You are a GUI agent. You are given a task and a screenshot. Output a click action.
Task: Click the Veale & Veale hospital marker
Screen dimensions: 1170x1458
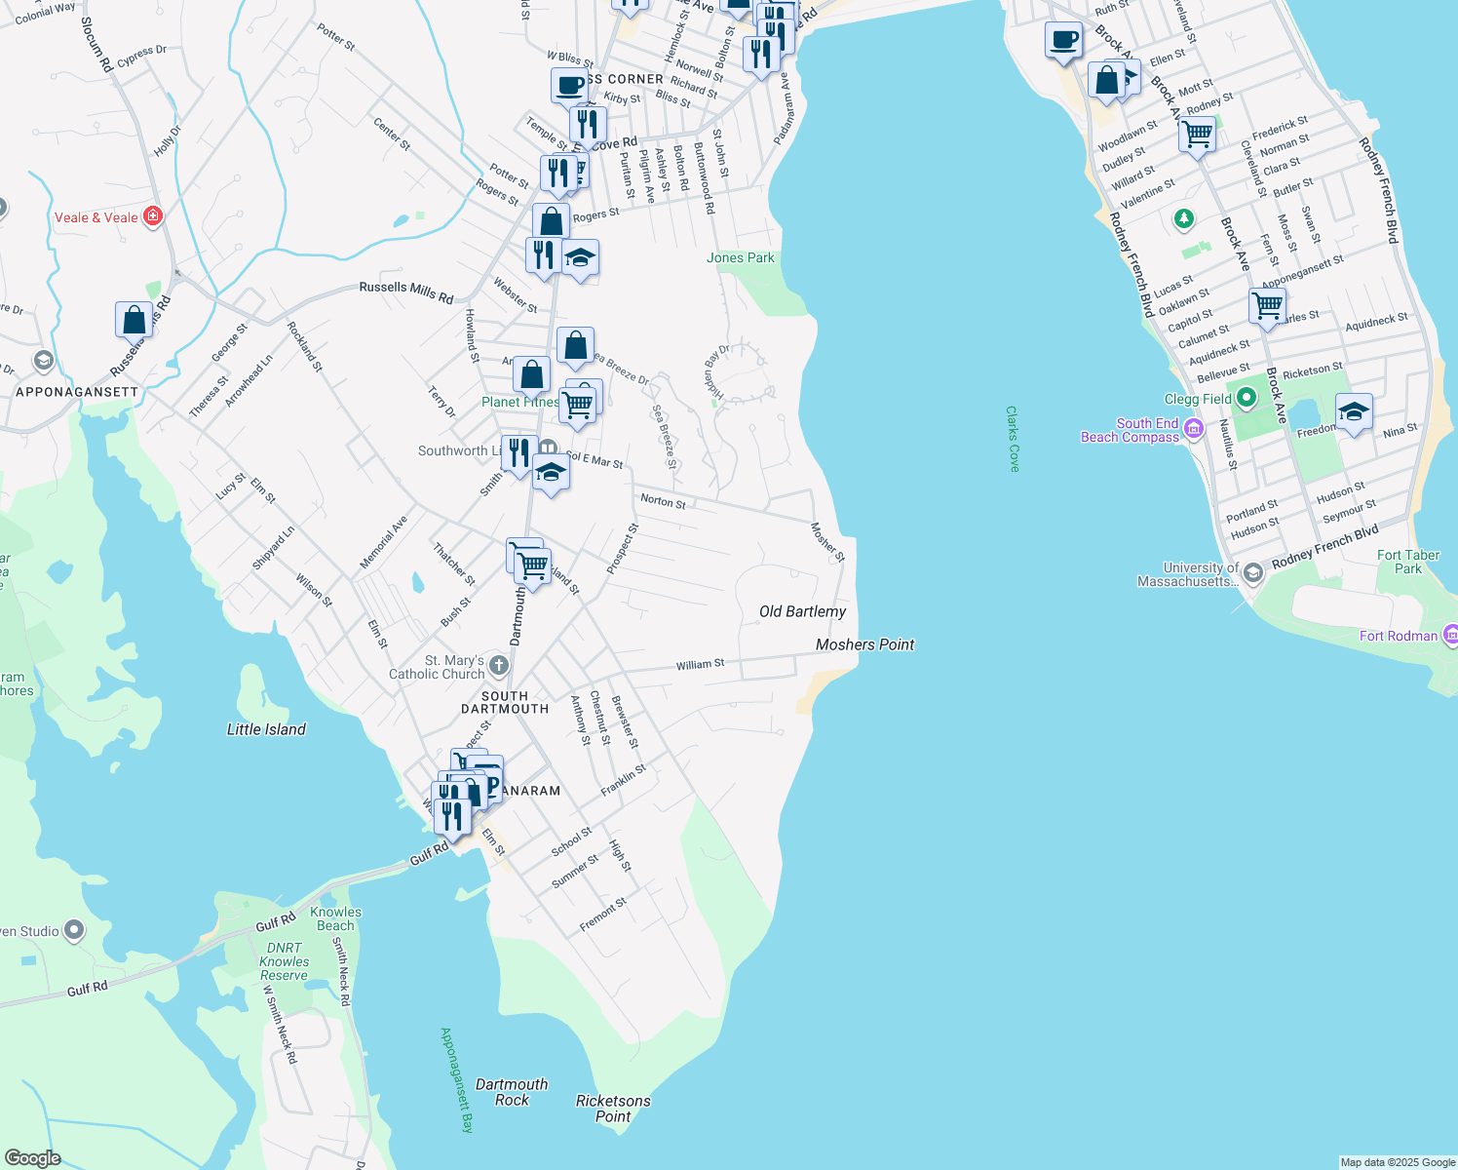coord(152,216)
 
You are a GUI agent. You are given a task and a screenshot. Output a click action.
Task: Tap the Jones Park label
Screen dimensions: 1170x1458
coord(741,258)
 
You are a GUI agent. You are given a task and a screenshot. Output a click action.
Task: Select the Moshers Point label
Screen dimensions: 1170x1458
coord(864,644)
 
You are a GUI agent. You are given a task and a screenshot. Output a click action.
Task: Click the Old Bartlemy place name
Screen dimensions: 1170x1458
coord(802,611)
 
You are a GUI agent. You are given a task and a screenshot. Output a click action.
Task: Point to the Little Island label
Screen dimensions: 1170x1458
coord(266,729)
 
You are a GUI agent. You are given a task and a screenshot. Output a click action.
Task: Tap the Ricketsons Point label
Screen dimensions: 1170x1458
coord(613,1109)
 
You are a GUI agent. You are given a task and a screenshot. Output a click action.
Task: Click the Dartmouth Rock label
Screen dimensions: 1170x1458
coord(512,1092)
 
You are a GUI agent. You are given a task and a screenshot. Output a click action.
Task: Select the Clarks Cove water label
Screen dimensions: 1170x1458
coord(1013,439)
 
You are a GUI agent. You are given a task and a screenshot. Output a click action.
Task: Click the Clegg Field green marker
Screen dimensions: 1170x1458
coord(1247,398)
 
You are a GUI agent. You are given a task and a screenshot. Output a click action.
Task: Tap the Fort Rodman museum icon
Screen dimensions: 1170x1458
coord(1450,636)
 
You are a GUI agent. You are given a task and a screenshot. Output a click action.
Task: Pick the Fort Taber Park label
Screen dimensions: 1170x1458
coord(1407,562)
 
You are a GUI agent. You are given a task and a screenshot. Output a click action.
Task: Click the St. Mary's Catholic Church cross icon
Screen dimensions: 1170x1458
coord(499,666)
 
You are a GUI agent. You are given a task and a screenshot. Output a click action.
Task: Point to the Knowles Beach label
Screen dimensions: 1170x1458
coord(335,918)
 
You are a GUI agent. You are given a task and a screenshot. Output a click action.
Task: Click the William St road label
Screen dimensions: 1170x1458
coord(701,664)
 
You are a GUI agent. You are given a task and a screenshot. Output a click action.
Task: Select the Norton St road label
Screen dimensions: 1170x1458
coord(663,501)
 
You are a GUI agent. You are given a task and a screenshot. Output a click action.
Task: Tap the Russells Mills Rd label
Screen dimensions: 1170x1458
coord(406,291)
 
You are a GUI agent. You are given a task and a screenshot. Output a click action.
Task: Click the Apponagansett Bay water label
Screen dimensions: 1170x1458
coord(457,1079)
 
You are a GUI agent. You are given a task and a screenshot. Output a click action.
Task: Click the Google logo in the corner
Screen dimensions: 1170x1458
coord(32,1157)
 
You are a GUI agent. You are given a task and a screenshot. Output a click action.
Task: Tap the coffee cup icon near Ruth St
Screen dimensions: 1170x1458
coord(1063,41)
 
